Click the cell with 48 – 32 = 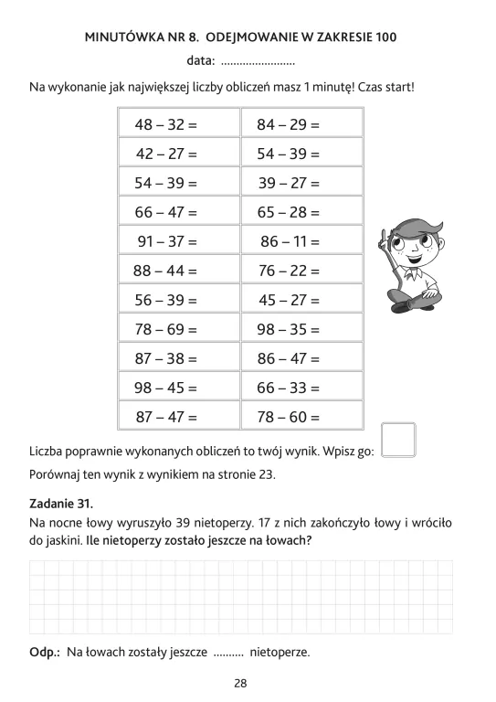[166, 123]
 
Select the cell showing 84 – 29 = [288, 123]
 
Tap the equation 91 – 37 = [166, 241]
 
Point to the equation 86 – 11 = [290, 241]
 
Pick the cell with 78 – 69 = [166, 329]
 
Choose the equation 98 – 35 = [288, 329]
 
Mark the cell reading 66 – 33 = [288, 388]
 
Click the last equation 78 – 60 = [288, 417]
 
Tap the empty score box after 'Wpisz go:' [397, 439]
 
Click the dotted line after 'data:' [258, 62]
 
